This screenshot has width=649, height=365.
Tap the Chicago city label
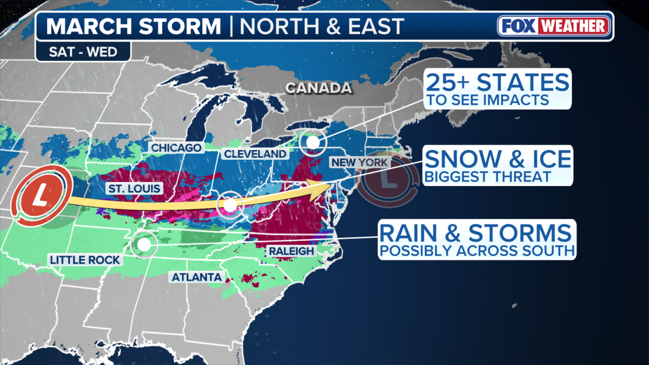(x=177, y=148)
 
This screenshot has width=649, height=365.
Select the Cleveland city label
(x=255, y=154)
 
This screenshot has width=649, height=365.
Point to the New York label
(x=359, y=163)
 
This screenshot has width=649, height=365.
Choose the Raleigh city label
(x=291, y=251)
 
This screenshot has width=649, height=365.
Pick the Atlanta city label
(x=197, y=277)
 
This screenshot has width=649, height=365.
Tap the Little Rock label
(x=84, y=260)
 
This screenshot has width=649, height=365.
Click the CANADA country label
(x=318, y=88)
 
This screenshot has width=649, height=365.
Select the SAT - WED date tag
(x=83, y=52)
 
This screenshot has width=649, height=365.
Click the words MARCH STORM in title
(x=134, y=26)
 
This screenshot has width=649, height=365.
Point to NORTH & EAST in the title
(x=322, y=26)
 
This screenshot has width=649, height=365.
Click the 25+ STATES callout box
(x=498, y=88)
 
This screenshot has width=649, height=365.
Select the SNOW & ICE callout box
(x=498, y=165)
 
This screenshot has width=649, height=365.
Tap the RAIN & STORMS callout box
(x=476, y=239)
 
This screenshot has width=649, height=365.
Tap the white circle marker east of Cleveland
(x=312, y=142)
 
